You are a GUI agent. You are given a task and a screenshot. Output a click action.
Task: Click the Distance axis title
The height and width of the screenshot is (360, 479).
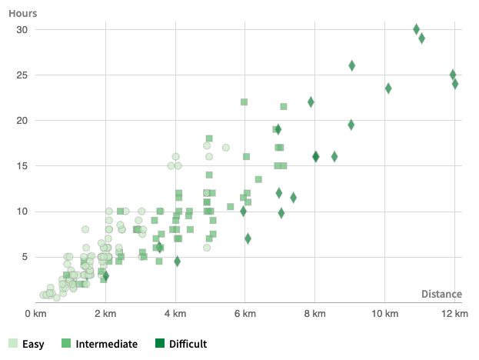(441, 294)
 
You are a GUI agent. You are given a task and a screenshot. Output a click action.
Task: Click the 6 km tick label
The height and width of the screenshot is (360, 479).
(245, 314)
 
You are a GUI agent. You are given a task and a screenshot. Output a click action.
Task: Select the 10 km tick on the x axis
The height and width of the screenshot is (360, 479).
(385, 314)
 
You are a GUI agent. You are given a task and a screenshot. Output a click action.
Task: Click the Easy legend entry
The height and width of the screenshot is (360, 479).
(26, 344)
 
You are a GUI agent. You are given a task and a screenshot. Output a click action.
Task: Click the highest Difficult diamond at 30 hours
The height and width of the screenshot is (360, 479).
(416, 29)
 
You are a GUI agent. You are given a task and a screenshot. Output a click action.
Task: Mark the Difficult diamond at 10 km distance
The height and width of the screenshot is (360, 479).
(388, 88)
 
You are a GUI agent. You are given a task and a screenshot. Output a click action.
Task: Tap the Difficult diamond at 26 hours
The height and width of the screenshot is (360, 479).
(351, 66)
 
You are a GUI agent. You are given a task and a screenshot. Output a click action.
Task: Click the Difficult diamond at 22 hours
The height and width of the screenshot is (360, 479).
(311, 102)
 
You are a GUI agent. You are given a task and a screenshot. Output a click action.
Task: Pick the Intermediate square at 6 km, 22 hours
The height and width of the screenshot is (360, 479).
(244, 102)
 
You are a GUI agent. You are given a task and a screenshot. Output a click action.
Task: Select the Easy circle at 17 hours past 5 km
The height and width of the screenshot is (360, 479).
(225, 148)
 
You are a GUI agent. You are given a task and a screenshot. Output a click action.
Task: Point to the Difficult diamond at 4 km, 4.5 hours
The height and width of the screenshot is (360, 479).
(177, 262)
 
